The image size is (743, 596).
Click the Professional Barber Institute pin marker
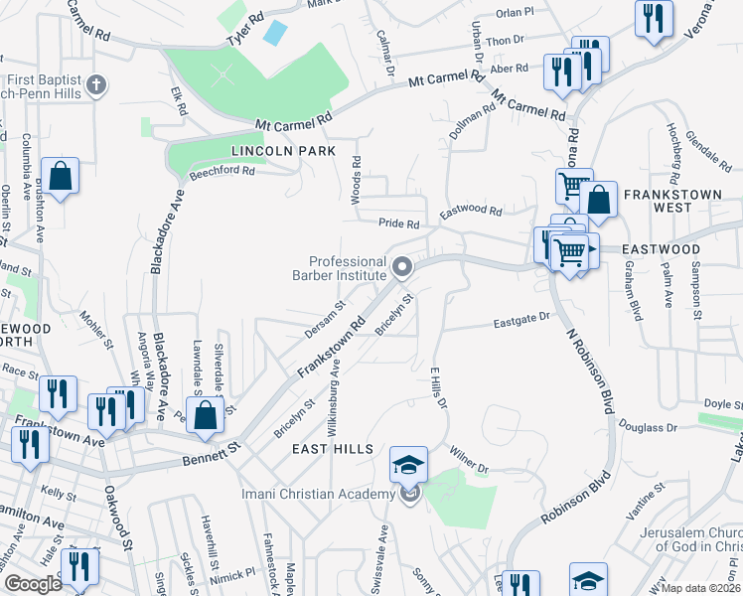point(402,266)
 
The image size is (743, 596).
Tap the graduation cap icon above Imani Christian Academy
point(408,463)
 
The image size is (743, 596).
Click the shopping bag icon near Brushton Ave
point(61,176)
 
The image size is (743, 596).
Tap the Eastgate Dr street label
point(522,320)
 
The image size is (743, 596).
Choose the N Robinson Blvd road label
point(586,372)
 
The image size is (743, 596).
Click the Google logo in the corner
point(34,584)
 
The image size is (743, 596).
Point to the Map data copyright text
point(701,588)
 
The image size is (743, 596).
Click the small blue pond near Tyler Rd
point(273,31)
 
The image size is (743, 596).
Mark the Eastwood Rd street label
point(471,211)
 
